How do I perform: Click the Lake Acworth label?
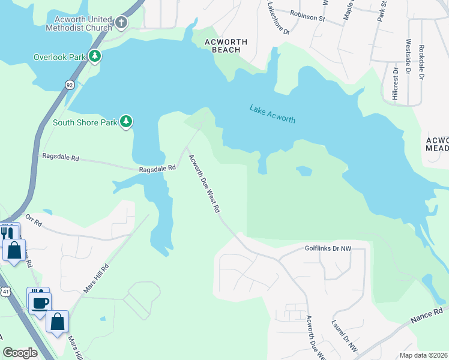tap(272, 113)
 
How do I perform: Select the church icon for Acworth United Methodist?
tap(121, 23)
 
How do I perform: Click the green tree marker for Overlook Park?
tap(94, 56)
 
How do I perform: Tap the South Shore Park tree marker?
tap(125, 122)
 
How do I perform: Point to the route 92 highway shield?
tap(70, 85)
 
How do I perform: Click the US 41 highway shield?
tap(5, 291)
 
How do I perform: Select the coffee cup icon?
tap(40, 302)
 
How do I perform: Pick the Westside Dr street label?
tap(408, 57)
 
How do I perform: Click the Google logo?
tap(20, 352)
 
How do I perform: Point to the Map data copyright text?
tap(424, 355)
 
